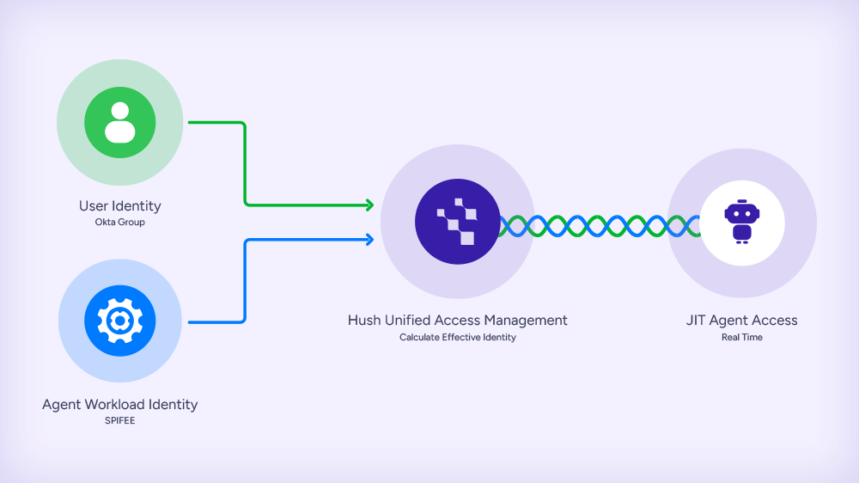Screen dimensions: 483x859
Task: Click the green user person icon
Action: (119, 122)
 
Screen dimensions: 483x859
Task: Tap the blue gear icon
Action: (119, 321)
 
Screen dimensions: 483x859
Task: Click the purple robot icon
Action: (741, 222)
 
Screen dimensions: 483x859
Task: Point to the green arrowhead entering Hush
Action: (369, 205)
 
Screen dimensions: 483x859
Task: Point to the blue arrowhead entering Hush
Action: (369, 240)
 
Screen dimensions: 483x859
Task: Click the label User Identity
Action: (119, 206)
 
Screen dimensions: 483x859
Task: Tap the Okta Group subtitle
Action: (119, 223)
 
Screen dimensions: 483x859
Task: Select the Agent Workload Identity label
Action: (119, 405)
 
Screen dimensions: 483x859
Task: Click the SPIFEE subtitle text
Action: (119, 421)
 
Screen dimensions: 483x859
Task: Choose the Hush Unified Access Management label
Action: (457, 321)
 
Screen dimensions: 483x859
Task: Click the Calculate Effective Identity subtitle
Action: (457, 338)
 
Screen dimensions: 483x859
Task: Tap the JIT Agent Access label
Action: (741, 321)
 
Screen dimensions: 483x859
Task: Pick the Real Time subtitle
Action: (741, 338)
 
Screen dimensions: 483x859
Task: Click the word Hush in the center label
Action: (365, 321)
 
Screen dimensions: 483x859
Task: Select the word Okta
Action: (105, 223)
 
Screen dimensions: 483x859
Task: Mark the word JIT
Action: (695, 321)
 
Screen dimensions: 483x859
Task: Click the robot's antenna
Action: (741, 201)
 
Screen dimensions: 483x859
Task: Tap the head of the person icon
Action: (119, 111)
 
